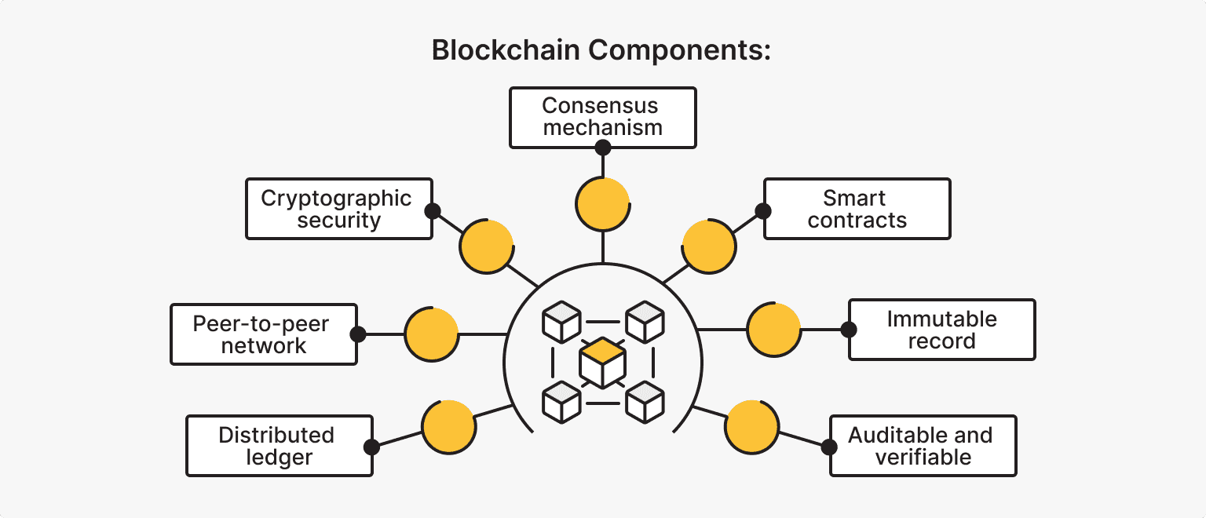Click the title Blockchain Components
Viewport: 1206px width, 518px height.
coord(602,50)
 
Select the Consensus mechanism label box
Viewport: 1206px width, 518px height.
coord(602,117)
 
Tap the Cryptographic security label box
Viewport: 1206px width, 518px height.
coord(338,208)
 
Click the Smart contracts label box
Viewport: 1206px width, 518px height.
coord(857,208)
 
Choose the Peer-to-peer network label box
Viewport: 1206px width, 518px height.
coord(263,334)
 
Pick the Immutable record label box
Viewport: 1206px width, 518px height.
coord(941,330)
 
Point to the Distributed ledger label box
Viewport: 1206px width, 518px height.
coord(279,446)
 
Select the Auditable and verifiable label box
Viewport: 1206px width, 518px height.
coord(923,446)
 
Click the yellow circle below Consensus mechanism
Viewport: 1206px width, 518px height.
coord(602,203)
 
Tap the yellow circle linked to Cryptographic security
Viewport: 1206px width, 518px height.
coord(486,246)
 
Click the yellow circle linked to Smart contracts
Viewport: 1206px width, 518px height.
coord(709,246)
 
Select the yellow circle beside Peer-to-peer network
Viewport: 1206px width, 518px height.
coord(431,334)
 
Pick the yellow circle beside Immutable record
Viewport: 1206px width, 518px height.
coord(773,330)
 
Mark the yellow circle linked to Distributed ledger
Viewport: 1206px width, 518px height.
coord(448,428)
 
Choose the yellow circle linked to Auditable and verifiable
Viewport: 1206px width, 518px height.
coord(751,428)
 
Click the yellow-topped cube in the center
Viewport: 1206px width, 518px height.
coord(602,363)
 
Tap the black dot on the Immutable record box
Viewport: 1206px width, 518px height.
coord(849,330)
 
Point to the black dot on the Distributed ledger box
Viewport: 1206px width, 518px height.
coord(372,447)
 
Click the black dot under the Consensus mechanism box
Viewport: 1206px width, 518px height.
coord(602,148)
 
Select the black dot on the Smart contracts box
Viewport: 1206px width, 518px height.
coord(763,210)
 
